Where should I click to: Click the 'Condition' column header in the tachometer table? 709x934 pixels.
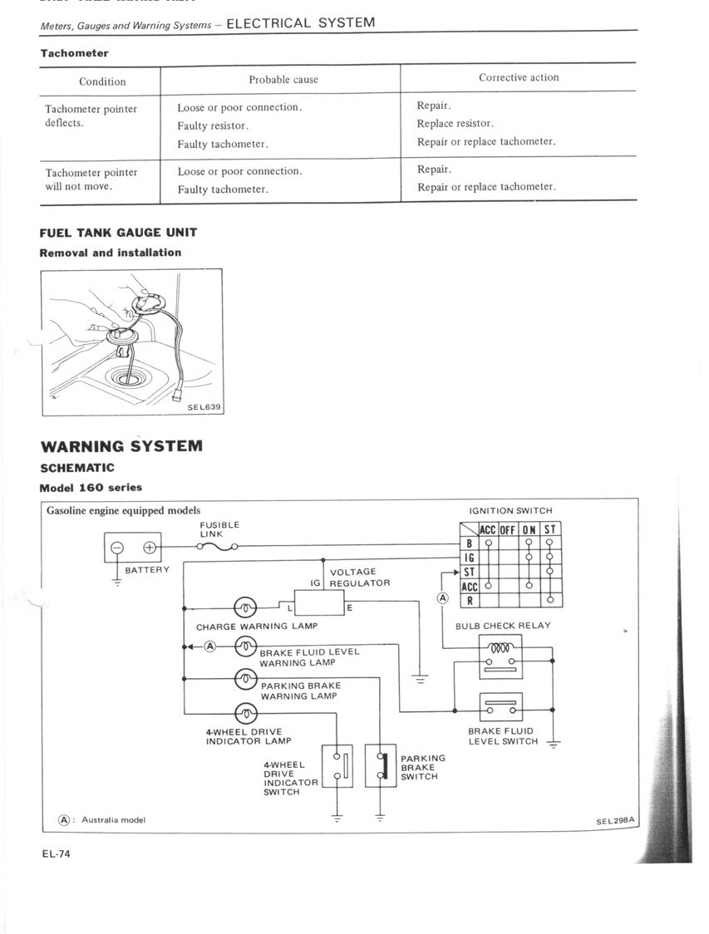(102, 81)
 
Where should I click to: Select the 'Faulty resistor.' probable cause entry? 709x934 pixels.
(213, 125)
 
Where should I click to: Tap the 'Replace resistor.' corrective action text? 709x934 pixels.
(455, 123)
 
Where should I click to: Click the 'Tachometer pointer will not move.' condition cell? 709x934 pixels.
(91, 179)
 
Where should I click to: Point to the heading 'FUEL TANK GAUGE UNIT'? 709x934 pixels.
(118, 233)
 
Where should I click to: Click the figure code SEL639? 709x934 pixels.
(204, 407)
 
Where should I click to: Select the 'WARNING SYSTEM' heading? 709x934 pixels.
(121, 446)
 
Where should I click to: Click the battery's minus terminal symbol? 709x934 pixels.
(118, 548)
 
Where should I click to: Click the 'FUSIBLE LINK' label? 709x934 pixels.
(219, 529)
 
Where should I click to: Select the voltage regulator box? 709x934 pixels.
(318, 601)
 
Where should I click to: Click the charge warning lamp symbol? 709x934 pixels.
(246, 607)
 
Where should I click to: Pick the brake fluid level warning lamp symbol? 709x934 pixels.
(246, 646)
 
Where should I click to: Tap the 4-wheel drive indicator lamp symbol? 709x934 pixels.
(246, 712)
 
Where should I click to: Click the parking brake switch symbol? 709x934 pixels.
(382, 766)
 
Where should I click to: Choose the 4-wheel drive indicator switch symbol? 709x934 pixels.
(338, 766)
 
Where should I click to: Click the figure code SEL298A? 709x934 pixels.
(615, 821)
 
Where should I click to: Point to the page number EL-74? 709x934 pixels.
(57, 853)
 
